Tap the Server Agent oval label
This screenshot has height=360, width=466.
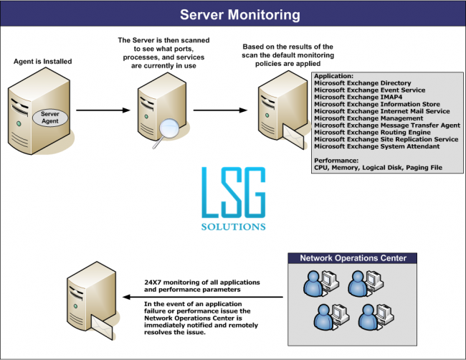49,118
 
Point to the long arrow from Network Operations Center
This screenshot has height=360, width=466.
208,296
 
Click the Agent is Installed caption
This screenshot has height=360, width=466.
43,62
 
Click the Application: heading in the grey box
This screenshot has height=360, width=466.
333,77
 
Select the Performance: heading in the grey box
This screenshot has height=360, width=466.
336,160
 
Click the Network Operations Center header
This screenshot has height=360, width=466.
353,258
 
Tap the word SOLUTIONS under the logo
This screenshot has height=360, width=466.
232,226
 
